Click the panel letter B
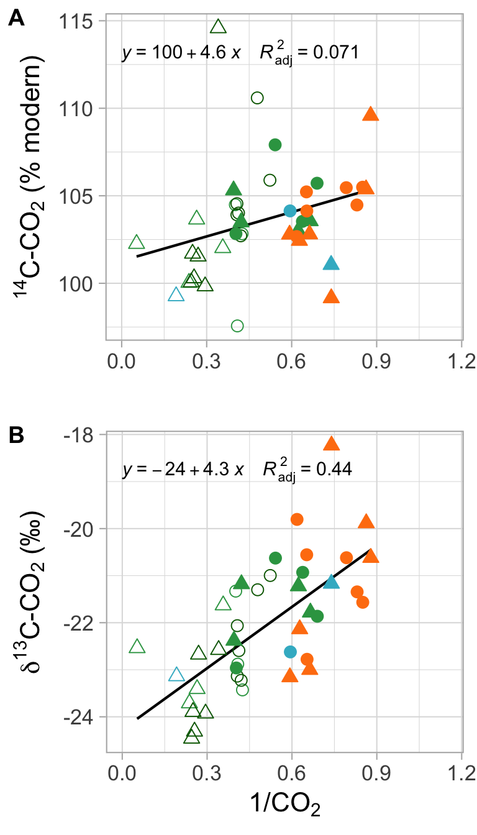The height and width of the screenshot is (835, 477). [x=16, y=436]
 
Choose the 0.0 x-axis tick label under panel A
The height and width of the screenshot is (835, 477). [x=122, y=361]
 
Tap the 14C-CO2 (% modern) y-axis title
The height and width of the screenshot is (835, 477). [x=31, y=180]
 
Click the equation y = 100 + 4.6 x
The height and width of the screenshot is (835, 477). [x=181, y=53]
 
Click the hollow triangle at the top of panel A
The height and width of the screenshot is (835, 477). [x=218, y=26]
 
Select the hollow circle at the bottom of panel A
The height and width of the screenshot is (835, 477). [x=237, y=326]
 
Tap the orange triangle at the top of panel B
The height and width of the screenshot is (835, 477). [x=331, y=444]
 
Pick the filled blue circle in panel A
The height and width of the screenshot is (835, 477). [x=290, y=211]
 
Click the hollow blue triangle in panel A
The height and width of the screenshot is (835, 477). [x=176, y=294]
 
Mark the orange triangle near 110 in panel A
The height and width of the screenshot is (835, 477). [x=371, y=114]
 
